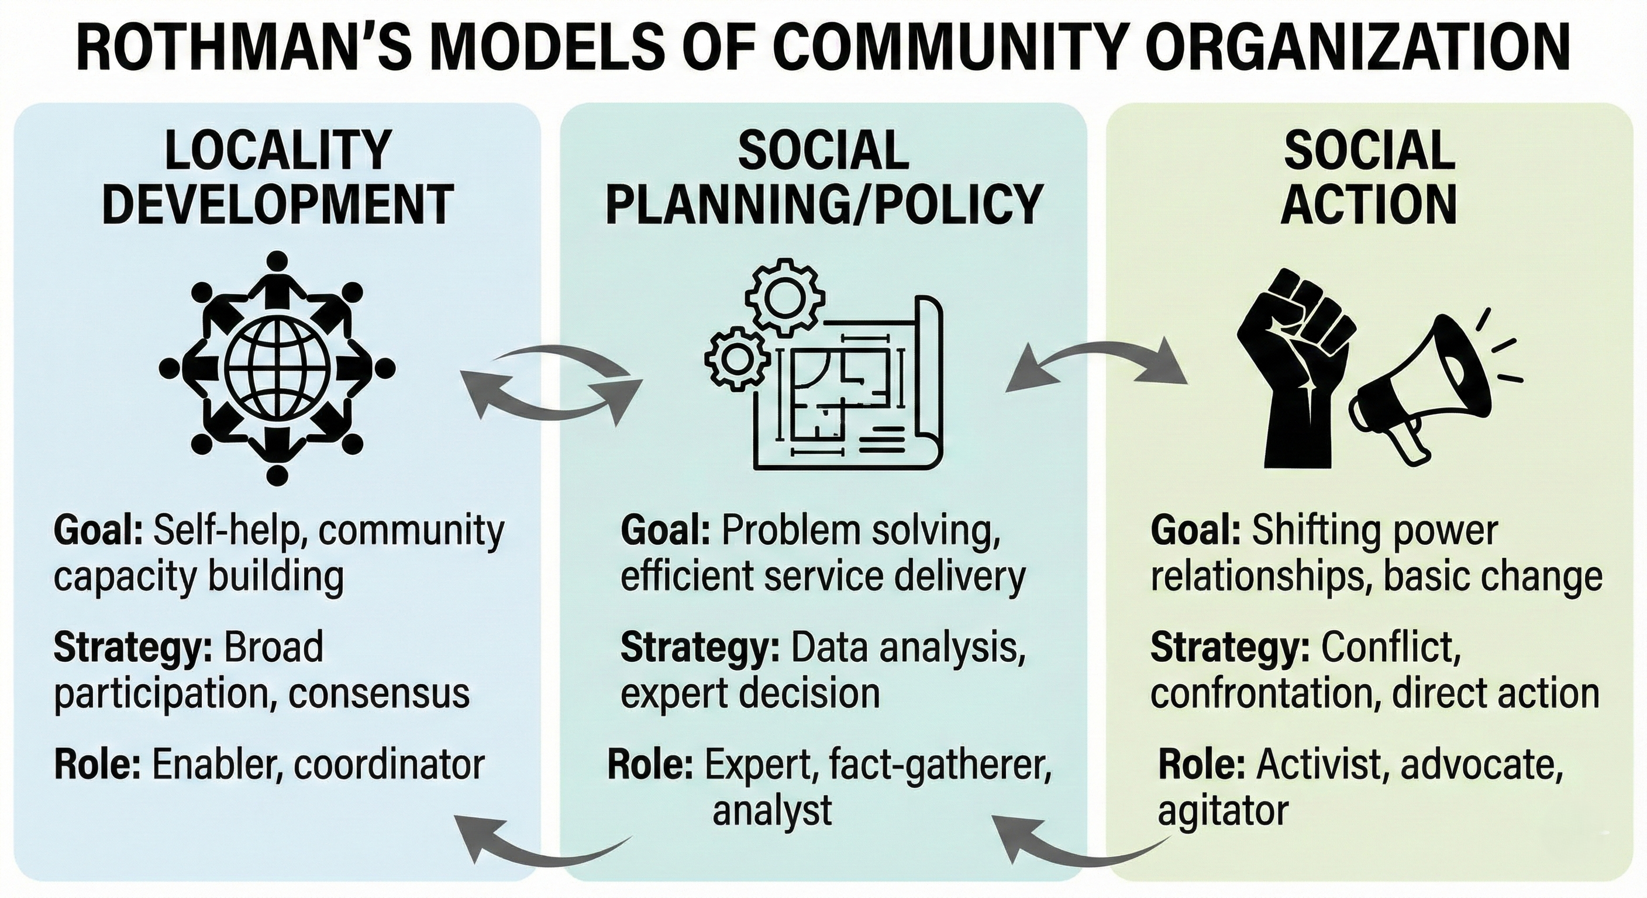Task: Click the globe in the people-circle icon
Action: click(x=276, y=367)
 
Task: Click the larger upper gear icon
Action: click(x=784, y=296)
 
